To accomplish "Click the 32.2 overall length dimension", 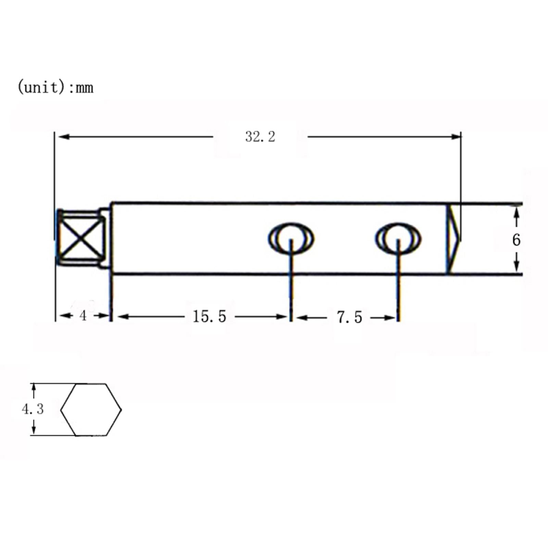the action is click(260, 137).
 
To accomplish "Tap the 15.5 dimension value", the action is click(209, 316).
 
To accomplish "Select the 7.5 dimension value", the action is click(349, 317).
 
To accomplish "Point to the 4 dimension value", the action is click(83, 316).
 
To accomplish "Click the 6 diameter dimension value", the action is click(516, 240).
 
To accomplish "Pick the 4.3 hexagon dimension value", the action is click(33, 409).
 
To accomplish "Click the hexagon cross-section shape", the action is click(91, 410).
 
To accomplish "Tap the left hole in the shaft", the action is click(291, 239).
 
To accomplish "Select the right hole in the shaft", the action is click(398, 239).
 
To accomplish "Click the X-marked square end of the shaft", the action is click(81, 238).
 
